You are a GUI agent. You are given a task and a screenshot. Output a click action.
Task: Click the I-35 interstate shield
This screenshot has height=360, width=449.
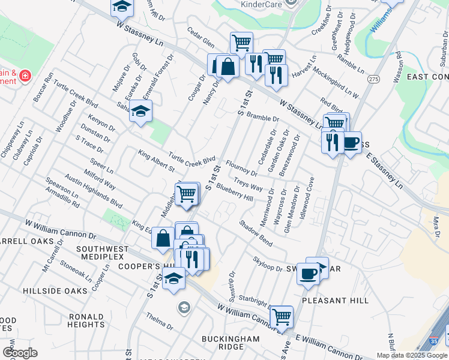(x=442, y=340)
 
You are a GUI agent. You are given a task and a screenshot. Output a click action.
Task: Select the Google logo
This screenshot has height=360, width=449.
(x=20, y=353)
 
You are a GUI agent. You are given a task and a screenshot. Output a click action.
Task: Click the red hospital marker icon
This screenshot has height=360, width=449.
(x=25, y=76)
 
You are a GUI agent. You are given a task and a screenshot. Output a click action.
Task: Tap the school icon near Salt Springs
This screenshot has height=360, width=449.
(x=140, y=111)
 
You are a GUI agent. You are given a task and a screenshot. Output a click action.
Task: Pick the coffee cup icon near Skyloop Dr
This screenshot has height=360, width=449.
(x=309, y=273)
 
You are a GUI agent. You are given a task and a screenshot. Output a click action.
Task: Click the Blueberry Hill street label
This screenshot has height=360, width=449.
(x=235, y=192)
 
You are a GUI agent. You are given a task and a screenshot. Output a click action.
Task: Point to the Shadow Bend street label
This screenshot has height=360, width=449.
(x=256, y=233)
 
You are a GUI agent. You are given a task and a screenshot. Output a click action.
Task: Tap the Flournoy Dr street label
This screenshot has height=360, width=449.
(x=242, y=169)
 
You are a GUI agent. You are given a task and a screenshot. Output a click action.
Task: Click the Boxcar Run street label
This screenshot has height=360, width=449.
(x=44, y=88)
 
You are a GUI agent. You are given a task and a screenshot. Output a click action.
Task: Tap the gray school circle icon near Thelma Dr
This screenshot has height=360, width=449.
(x=184, y=308)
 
